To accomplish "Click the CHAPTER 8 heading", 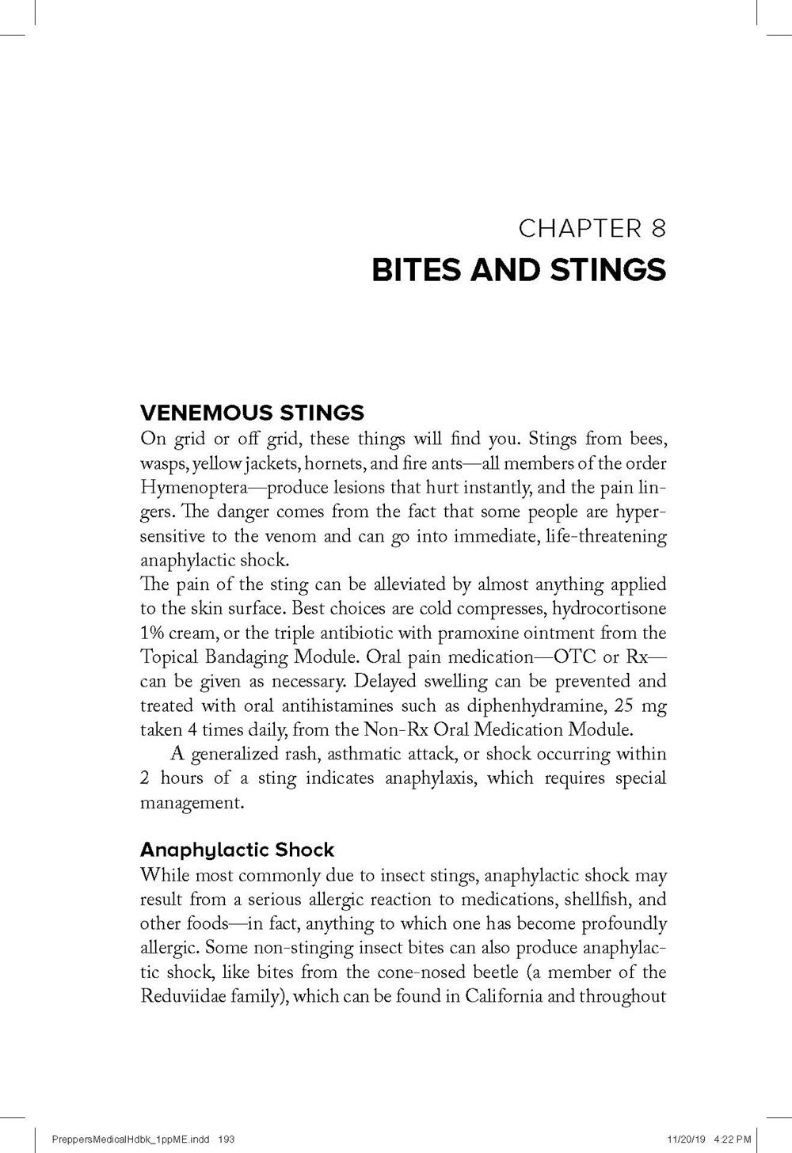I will tap(592, 229).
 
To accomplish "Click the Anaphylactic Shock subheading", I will tap(237, 850).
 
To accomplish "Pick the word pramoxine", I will tap(474, 633).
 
